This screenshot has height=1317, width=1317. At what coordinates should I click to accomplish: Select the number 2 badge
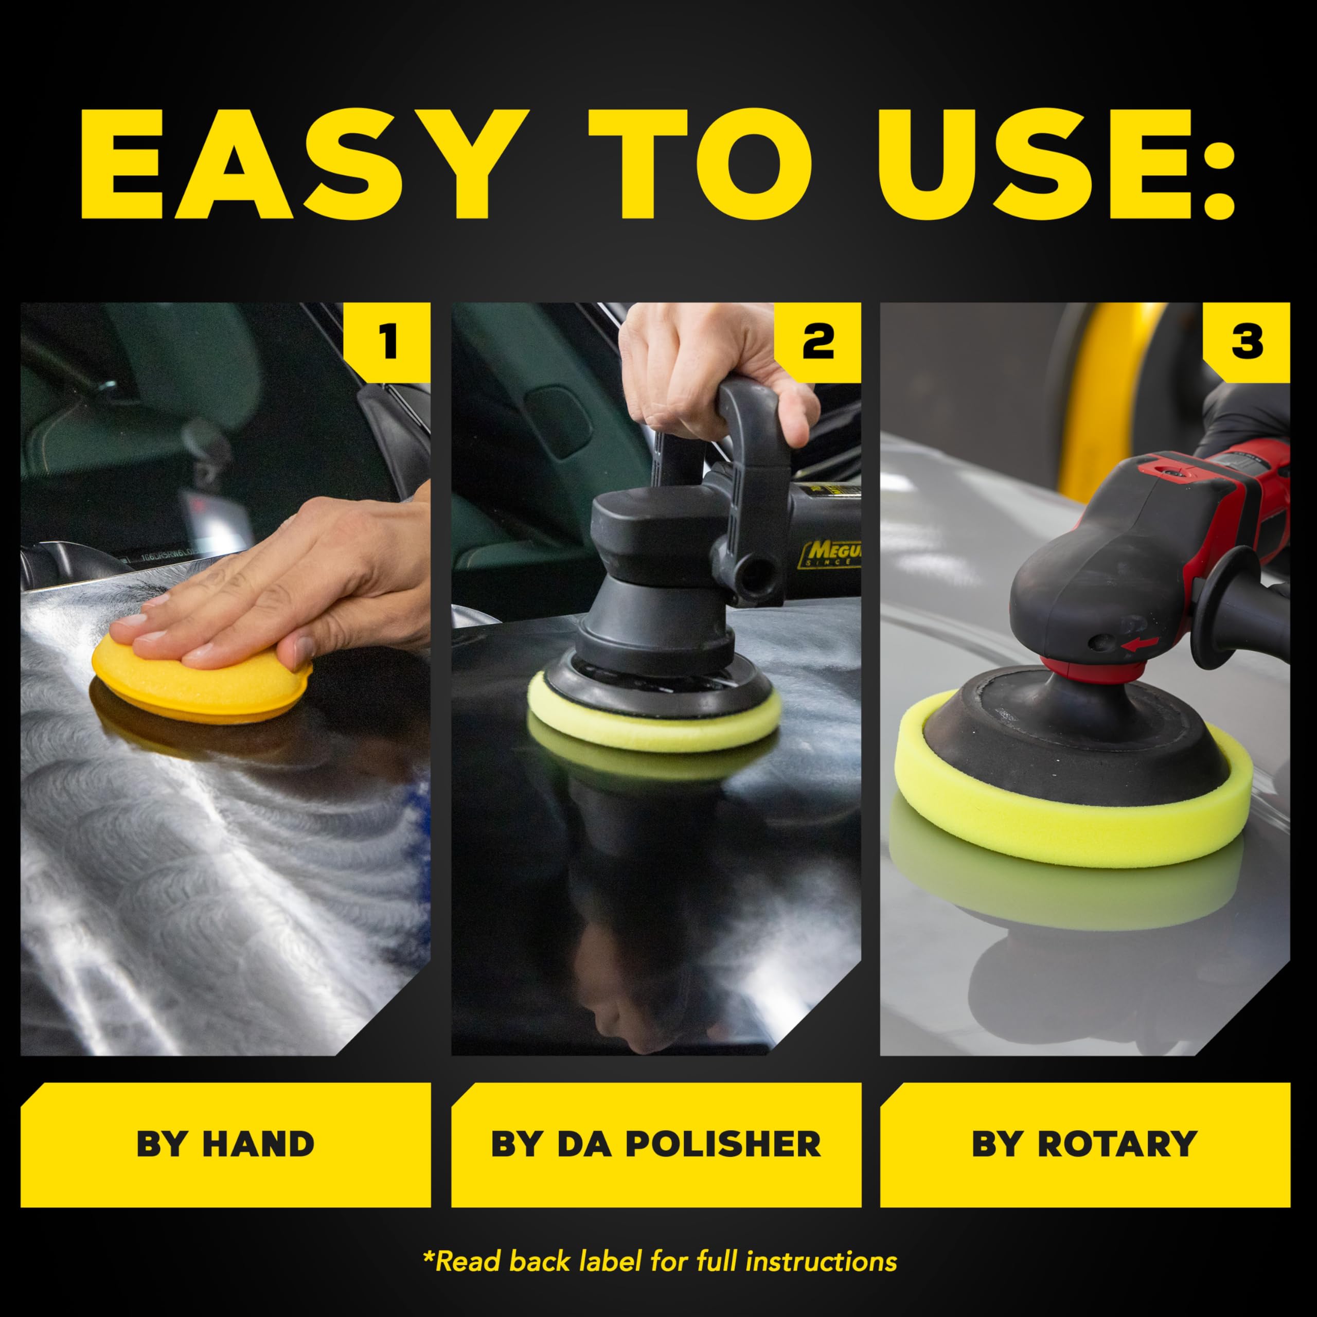(818, 341)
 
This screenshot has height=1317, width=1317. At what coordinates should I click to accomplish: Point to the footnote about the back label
(659, 1261)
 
